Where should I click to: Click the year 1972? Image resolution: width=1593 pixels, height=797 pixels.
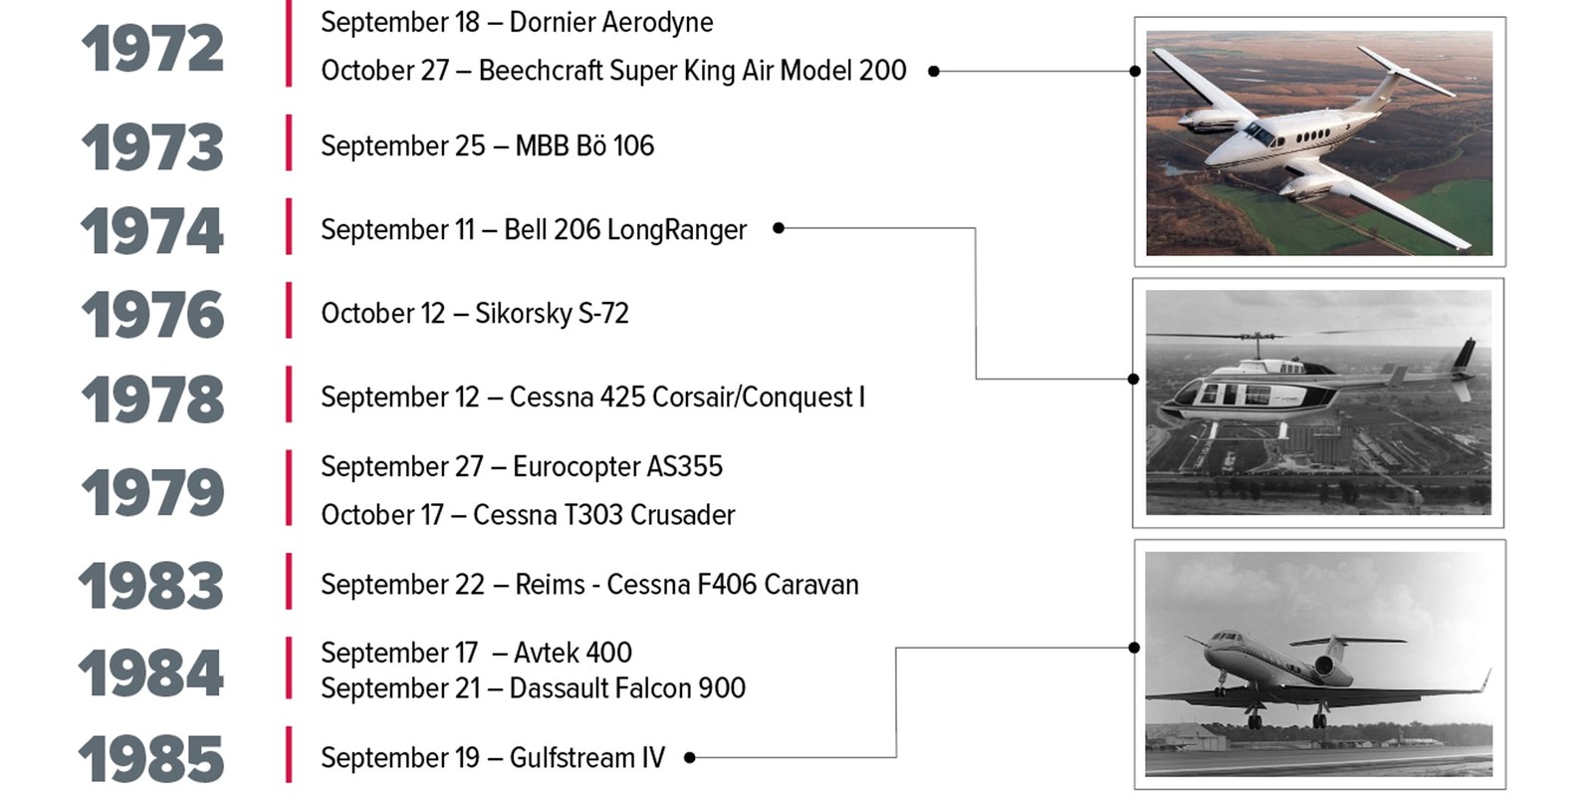tap(153, 49)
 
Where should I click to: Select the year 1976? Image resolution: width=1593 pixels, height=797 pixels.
tap(153, 314)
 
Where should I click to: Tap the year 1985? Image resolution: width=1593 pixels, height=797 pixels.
tap(150, 758)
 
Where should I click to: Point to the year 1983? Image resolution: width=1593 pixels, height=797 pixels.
tap(150, 586)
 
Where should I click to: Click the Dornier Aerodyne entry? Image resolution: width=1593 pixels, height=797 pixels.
tap(517, 23)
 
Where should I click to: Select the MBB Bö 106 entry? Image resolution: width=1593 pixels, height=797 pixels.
tap(487, 145)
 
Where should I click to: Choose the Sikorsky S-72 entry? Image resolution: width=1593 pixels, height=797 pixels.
tap(475, 314)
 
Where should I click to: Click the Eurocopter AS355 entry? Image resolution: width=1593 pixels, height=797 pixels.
tap(522, 467)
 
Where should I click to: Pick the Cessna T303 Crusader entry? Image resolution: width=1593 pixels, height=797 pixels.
tap(528, 515)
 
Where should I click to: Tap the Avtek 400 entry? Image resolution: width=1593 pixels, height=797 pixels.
tap(477, 653)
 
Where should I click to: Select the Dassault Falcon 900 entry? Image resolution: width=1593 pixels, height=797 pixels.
tap(534, 688)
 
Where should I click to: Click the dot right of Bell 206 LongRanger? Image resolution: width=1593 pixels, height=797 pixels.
tap(779, 228)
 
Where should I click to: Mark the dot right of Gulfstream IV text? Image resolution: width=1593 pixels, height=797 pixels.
tap(689, 758)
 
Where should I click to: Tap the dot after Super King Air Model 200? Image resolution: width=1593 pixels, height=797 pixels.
tap(935, 71)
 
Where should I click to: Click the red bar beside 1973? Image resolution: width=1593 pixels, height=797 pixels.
tap(289, 142)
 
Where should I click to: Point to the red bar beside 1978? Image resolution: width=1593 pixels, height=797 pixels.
tap(289, 395)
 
